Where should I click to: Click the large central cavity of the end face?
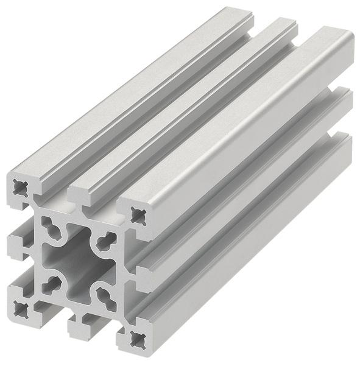coord(77,262)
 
